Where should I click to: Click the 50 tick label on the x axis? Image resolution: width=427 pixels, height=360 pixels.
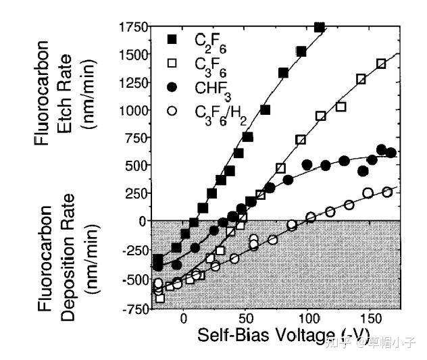(245, 319)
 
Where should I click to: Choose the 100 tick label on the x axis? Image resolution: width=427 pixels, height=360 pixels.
(308, 319)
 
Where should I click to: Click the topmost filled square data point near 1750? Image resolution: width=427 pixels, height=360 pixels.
(320, 27)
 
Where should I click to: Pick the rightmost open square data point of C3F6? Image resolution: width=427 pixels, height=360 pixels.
(381, 63)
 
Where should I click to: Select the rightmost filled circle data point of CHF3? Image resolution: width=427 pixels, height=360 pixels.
(391, 153)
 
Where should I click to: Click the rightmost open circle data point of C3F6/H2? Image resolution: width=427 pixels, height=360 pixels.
(387, 192)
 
